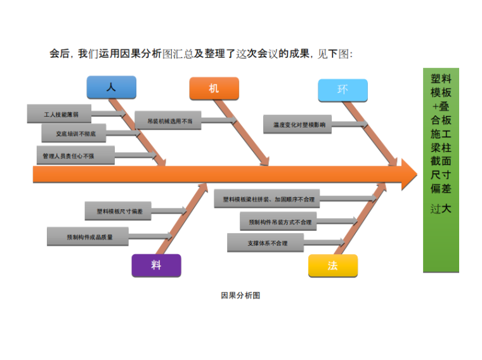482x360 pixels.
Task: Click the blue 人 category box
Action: [111, 88]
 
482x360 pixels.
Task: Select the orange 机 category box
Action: [214, 89]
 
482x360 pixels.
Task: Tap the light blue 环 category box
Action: [342, 90]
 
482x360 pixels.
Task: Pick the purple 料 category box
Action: [156, 266]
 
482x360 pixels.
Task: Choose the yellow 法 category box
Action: [332, 266]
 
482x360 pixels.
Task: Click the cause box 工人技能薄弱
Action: [60, 114]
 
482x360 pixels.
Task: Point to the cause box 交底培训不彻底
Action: [74, 134]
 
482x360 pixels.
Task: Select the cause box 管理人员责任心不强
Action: [75, 155]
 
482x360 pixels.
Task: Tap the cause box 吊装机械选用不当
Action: [167, 120]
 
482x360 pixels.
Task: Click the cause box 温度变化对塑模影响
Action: [297, 124]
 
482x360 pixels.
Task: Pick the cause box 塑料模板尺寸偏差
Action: [119, 211]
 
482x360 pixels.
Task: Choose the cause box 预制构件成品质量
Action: [88, 237]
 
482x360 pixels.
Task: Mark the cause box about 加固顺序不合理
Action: [267, 199]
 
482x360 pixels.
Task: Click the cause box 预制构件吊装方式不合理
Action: [280, 222]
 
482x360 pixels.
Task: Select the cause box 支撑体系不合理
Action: [266, 243]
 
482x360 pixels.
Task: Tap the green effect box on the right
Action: [441, 170]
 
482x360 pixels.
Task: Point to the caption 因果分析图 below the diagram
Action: [240, 295]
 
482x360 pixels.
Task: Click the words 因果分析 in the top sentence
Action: [139, 54]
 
